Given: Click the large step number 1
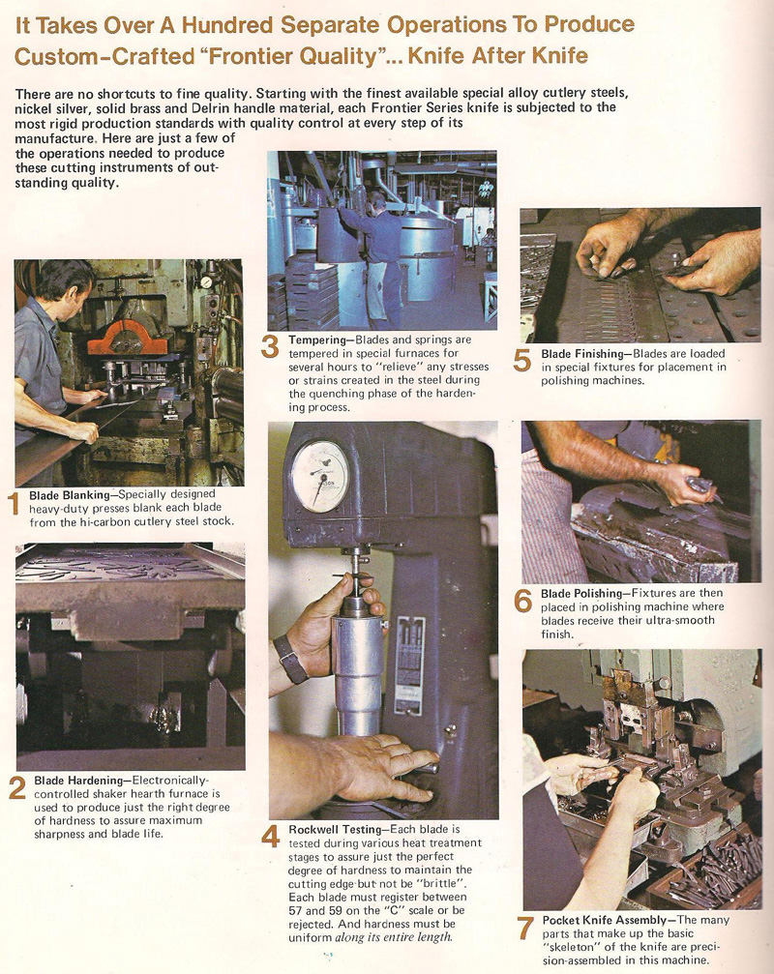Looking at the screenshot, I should (x=14, y=505).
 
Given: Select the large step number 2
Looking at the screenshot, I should (x=16, y=788).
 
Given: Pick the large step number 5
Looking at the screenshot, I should (x=522, y=361).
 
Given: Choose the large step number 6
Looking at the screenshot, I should (x=522, y=601).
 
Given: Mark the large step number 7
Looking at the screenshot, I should (x=524, y=929).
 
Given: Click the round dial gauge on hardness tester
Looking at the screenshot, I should (x=319, y=475).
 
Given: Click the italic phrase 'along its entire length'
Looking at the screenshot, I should (x=391, y=936).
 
